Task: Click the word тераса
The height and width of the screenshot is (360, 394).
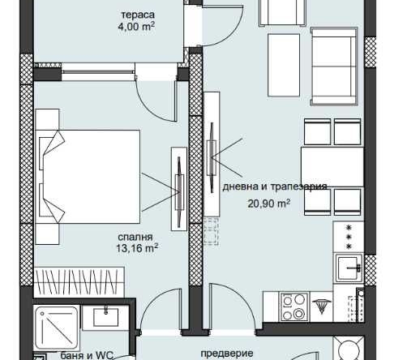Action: click(x=138, y=15)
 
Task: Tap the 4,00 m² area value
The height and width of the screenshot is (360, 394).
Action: click(x=136, y=27)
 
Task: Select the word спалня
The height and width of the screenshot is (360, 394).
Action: click(x=135, y=238)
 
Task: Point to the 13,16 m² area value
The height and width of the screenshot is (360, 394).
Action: click(x=137, y=248)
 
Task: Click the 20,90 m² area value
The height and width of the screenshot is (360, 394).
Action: click(x=269, y=204)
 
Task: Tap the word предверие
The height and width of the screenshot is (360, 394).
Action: click(x=227, y=353)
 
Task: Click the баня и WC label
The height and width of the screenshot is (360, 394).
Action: click(x=87, y=355)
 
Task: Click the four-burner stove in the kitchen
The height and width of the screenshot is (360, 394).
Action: click(x=294, y=307)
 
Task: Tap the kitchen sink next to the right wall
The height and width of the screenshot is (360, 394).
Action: click(x=349, y=268)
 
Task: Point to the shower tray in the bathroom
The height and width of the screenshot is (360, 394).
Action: click(x=57, y=328)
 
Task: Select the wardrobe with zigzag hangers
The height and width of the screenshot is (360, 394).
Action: click(x=79, y=282)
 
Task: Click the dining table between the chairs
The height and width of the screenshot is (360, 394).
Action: click(x=332, y=167)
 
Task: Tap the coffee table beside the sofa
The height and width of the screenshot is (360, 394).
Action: click(x=284, y=65)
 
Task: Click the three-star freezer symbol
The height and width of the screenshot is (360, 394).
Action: click(x=349, y=237)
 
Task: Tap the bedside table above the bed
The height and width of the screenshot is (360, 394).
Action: click(x=47, y=119)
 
